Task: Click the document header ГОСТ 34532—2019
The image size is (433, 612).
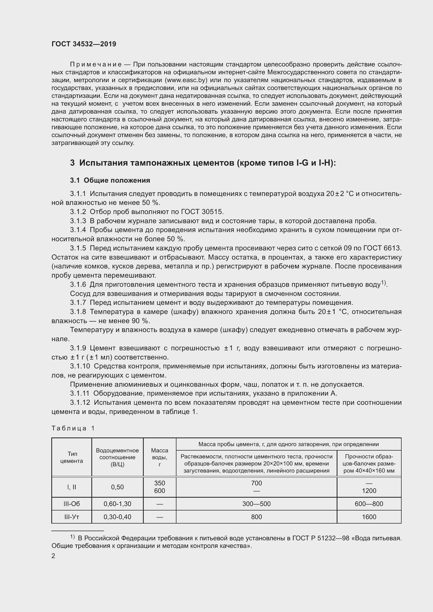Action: pos(84,44)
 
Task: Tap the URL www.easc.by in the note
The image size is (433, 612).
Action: pos(186,80)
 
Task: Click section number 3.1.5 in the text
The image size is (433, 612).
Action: pos(78,248)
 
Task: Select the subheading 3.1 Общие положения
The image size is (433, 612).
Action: pos(110,181)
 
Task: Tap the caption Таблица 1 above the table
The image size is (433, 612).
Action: pos(73,428)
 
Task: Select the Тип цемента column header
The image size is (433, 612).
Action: pos(71,457)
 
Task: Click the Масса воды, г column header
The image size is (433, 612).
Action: pos(159,457)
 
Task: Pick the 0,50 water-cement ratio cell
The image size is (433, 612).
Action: pos(117,487)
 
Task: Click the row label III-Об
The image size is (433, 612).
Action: pos(71,504)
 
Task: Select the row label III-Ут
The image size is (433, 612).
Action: pos(71,517)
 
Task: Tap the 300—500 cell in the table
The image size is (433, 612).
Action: pos(256,504)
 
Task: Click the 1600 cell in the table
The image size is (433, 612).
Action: pos(369,517)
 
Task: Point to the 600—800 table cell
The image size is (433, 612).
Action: pos(369,504)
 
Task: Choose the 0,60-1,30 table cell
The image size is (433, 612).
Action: pos(117,504)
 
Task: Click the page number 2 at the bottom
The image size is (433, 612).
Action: pos(53,556)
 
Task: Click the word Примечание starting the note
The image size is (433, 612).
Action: pos(96,65)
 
